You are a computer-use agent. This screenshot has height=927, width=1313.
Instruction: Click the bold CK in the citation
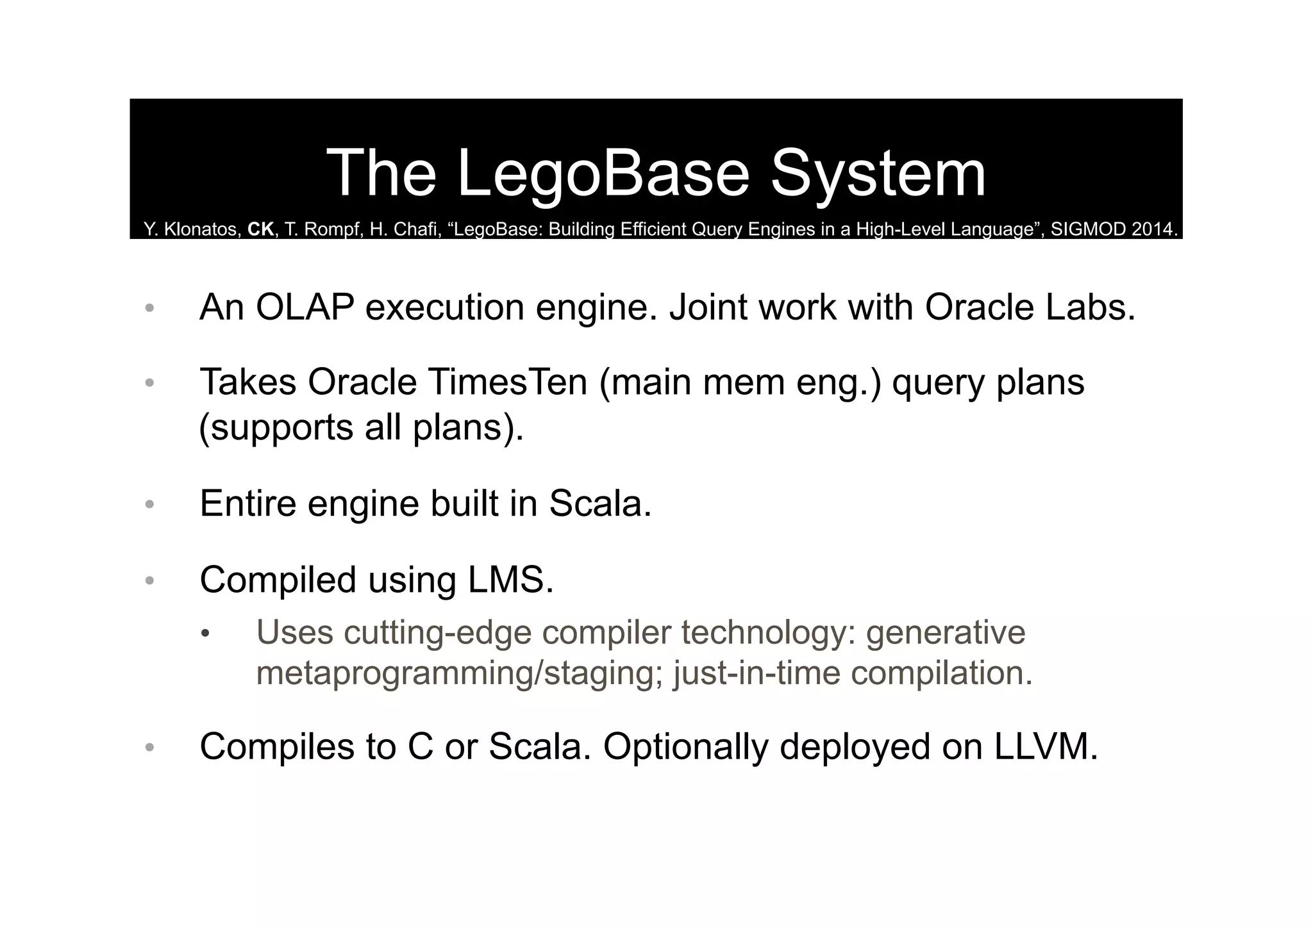click(x=261, y=229)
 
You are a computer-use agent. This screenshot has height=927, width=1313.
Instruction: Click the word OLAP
click(x=305, y=307)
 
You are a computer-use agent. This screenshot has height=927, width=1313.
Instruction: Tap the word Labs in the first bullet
click(x=1090, y=307)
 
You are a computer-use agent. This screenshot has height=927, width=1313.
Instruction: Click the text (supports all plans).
click(x=362, y=427)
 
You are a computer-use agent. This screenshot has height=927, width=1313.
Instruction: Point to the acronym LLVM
click(x=1045, y=746)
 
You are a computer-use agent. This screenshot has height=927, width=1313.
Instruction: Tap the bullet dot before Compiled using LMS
click(x=149, y=581)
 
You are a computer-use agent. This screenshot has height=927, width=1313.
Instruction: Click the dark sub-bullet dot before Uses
click(x=205, y=634)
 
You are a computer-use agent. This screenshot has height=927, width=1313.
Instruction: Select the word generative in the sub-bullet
click(x=946, y=632)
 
